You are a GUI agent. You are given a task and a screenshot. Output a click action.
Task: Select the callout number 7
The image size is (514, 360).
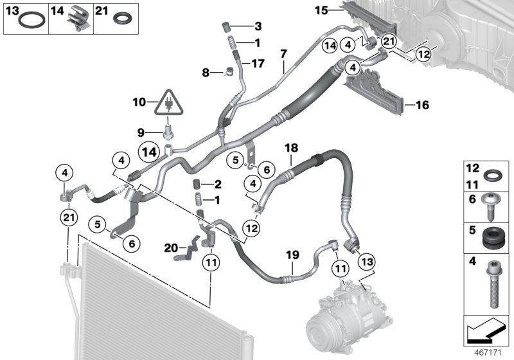(283, 53)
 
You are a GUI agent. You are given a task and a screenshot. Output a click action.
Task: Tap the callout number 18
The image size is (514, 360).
(292, 148)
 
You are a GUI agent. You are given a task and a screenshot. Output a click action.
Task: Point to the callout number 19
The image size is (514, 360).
(292, 255)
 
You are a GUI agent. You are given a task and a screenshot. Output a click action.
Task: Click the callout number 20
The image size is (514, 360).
(171, 248)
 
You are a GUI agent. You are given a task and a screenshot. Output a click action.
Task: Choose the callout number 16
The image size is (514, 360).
(422, 105)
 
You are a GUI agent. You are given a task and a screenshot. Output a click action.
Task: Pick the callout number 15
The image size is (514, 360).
(321, 10)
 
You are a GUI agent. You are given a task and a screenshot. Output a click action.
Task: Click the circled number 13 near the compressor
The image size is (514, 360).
(367, 262)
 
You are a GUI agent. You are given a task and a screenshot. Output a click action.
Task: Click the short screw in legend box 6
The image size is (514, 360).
(490, 206)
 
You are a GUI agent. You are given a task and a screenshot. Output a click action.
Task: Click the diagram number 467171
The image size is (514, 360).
(488, 353)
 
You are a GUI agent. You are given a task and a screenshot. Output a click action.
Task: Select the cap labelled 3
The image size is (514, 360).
(226, 27)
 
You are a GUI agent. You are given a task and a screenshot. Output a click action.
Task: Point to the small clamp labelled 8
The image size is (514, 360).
(229, 70)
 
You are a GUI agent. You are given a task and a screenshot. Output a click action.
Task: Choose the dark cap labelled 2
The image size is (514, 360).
(197, 184)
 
